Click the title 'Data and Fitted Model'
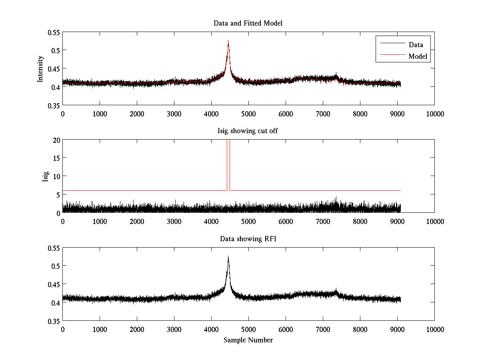248,23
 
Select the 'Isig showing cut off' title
248,131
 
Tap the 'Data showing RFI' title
248,239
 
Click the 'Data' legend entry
416,44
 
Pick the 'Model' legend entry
418,56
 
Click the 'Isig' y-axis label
45,176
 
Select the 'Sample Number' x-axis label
248,340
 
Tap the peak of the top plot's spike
228,40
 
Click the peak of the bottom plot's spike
228,256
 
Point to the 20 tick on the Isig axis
56,140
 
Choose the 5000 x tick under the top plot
248,114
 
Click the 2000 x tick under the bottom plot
137,329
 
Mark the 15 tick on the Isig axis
56,158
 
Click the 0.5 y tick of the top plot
55,50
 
